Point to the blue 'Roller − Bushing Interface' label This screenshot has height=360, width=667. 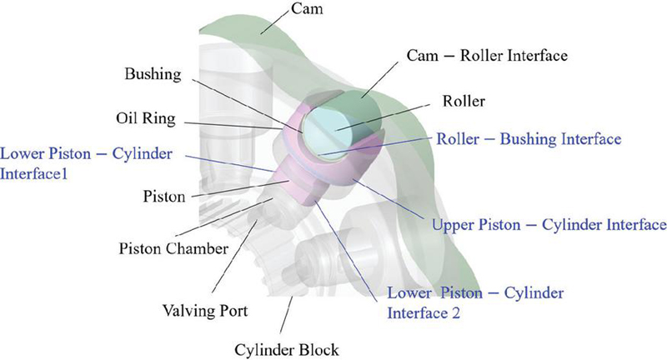(x=529, y=139)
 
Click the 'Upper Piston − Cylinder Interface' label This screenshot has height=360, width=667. (x=549, y=225)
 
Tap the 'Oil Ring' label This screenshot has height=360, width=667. (x=148, y=118)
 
